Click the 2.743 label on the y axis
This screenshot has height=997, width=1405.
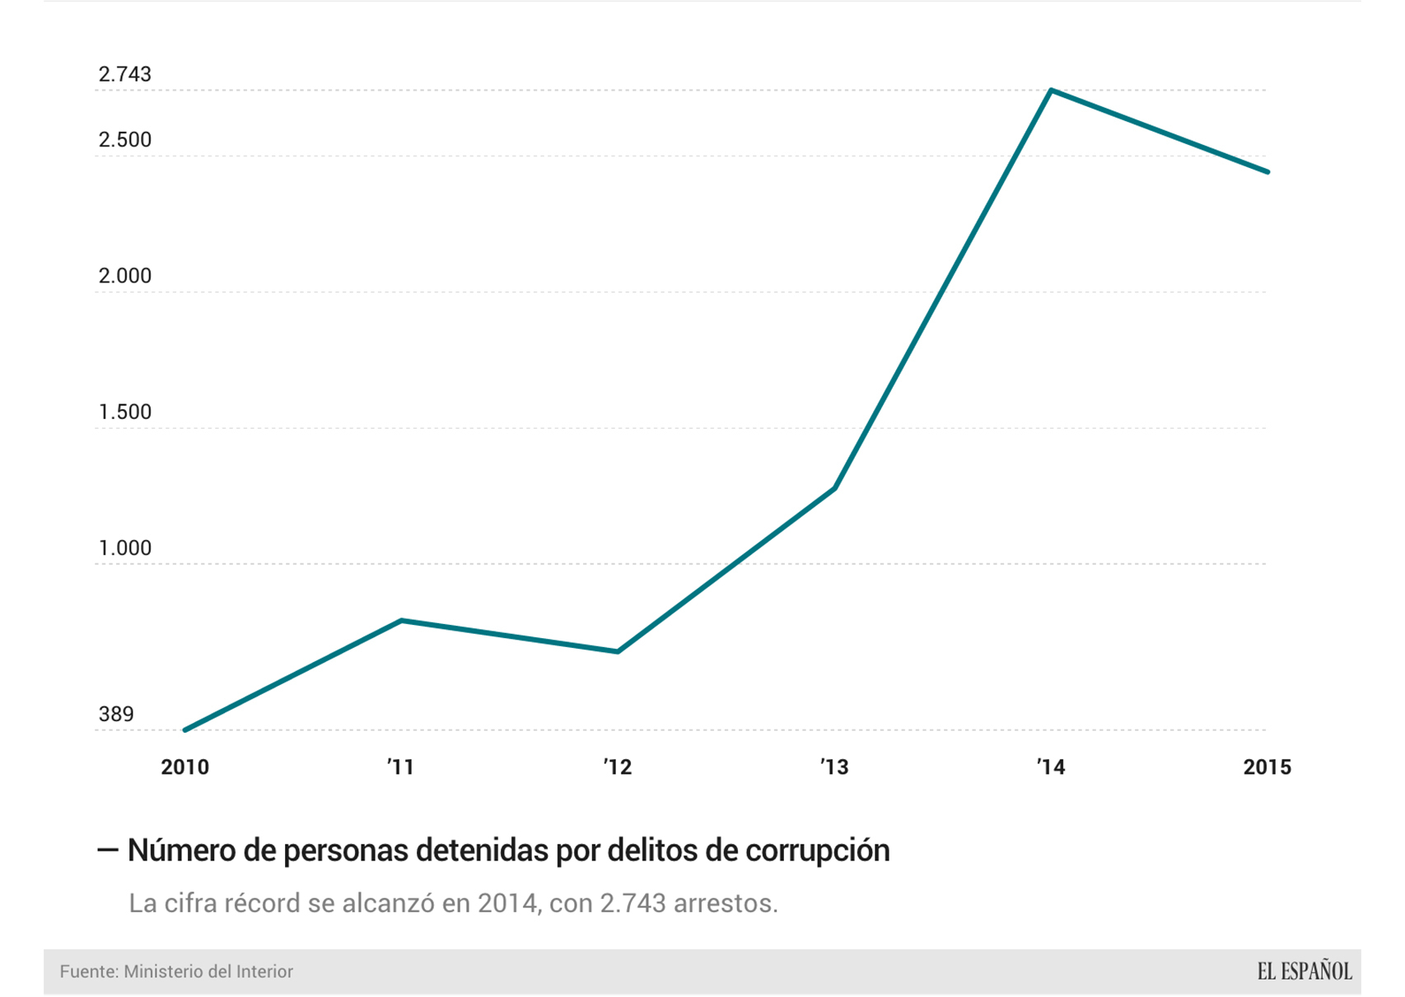coord(125,74)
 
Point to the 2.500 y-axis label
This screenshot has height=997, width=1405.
coord(125,140)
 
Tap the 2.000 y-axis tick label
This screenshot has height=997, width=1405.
coord(125,276)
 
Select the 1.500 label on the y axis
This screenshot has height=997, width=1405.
coord(125,412)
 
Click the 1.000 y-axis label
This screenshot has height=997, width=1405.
coord(125,547)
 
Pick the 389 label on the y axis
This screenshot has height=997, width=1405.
coord(116,714)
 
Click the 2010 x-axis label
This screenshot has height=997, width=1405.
coord(184,767)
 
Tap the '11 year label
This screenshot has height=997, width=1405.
coord(400,767)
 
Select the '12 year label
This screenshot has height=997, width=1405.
coord(617,767)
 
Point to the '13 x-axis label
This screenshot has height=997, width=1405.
coord(834,767)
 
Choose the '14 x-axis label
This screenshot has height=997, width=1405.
coord(1051,767)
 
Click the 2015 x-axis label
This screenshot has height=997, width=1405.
coord(1267,767)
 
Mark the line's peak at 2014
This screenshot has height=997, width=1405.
coord(1051,90)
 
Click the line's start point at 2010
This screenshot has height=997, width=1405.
coord(184,729)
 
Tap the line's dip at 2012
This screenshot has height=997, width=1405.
coord(618,651)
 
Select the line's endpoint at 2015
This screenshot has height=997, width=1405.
coord(1267,172)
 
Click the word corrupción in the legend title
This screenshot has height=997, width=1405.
coord(817,850)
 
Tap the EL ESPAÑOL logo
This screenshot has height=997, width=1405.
coord(1304,971)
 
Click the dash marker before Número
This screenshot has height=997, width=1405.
coord(108,850)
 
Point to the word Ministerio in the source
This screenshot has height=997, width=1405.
coord(161,971)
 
